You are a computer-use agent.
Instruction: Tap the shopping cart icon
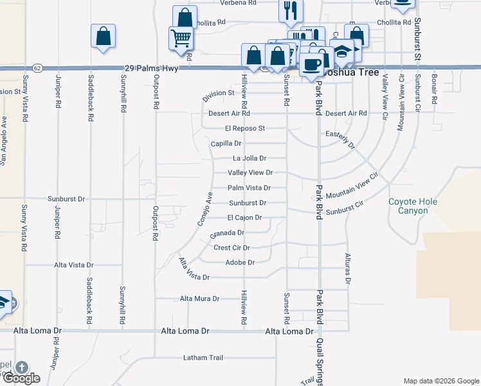point(181,39)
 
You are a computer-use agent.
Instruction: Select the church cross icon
point(21,369)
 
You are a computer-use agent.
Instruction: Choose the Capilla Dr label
point(226,143)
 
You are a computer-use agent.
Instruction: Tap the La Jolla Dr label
point(249,158)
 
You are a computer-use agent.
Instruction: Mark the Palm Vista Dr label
point(249,188)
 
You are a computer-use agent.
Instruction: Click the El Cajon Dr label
point(244,217)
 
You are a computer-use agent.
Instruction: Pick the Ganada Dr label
point(227,233)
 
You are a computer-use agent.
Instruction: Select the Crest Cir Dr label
point(231,248)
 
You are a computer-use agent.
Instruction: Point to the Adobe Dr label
point(240,262)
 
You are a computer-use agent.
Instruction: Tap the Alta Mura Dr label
point(199,299)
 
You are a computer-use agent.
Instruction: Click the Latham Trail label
point(203,358)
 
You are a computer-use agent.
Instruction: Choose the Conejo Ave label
point(204,208)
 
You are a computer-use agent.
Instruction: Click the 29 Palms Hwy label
point(149,68)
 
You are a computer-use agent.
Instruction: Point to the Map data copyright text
point(441,381)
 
